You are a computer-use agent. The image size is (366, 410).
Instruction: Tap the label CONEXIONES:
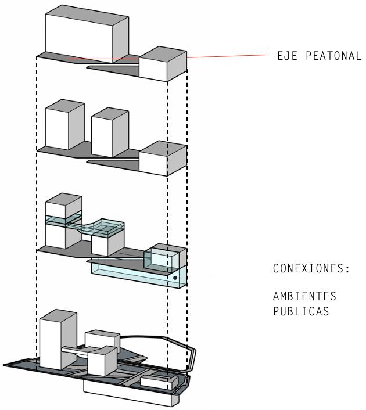click(312, 269)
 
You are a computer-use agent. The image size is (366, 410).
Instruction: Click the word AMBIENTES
click(304, 296)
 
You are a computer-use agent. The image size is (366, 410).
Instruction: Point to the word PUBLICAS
click(301, 311)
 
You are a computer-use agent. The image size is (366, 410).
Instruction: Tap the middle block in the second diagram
click(110, 133)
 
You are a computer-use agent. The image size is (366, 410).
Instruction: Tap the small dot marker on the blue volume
click(175, 278)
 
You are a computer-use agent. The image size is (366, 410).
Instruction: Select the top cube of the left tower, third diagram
click(63, 206)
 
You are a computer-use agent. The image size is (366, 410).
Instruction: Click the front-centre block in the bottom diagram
click(103, 361)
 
